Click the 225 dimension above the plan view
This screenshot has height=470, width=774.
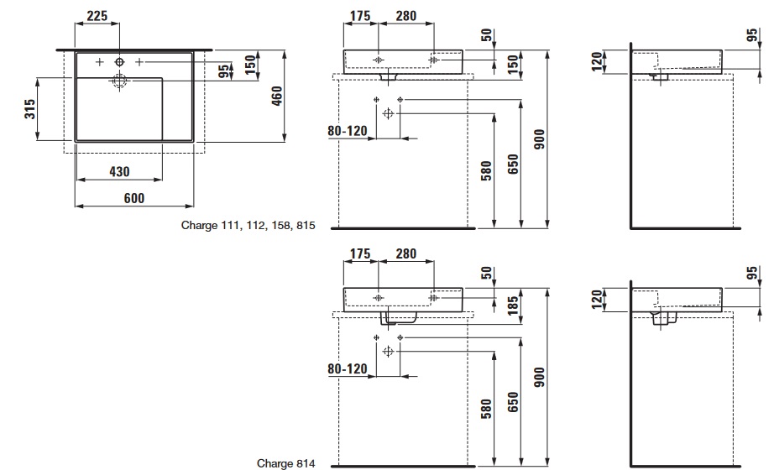pyautogui.click(x=98, y=16)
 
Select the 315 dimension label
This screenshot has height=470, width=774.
pyautogui.click(x=29, y=110)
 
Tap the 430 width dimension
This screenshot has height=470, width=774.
pyautogui.click(x=120, y=171)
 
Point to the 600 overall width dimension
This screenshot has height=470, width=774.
pyautogui.click(x=134, y=198)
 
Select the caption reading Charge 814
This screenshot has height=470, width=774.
pyautogui.click(x=286, y=462)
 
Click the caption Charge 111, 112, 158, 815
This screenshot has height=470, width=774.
pyautogui.click(x=248, y=225)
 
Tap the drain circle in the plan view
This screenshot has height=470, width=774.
pyautogui.click(x=119, y=81)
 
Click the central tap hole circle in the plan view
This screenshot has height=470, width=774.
pyautogui.click(x=119, y=63)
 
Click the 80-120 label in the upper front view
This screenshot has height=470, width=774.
pyautogui.click(x=348, y=131)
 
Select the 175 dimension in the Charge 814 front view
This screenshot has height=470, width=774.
pyautogui.click(x=361, y=253)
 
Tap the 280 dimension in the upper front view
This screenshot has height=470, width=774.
pyautogui.click(x=406, y=16)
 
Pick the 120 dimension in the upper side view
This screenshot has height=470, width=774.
pyautogui.click(x=597, y=61)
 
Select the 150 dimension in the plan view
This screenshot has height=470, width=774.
pyautogui.click(x=250, y=64)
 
